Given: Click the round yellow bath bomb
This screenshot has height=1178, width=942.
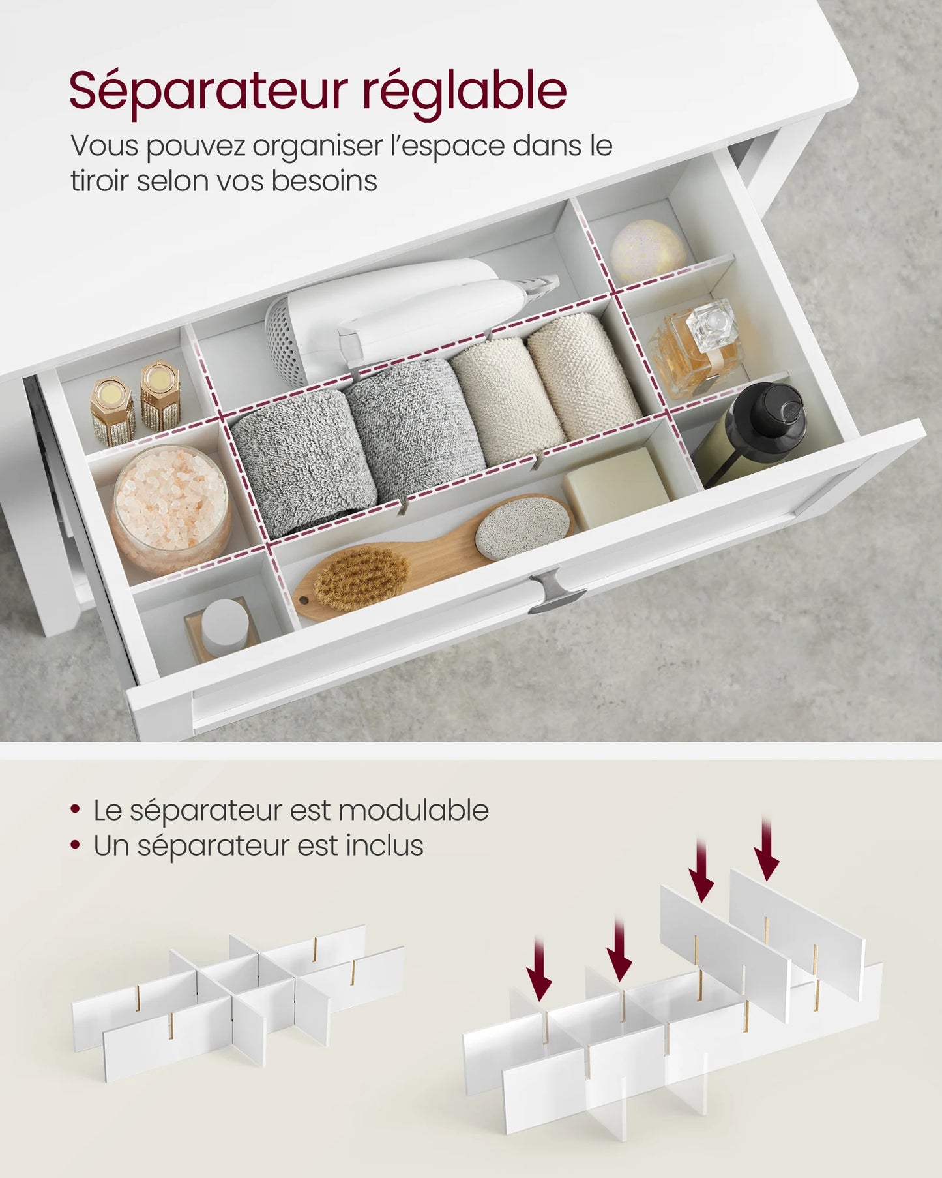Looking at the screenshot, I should pyautogui.click(x=647, y=251).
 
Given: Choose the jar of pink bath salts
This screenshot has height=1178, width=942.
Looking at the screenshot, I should pyautogui.click(x=171, y=506).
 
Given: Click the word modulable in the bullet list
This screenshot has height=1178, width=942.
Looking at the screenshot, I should pyautogui.click(x=413, y=811).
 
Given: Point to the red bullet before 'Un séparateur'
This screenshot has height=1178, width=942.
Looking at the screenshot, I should pyautogui.click(x=76, y=845).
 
